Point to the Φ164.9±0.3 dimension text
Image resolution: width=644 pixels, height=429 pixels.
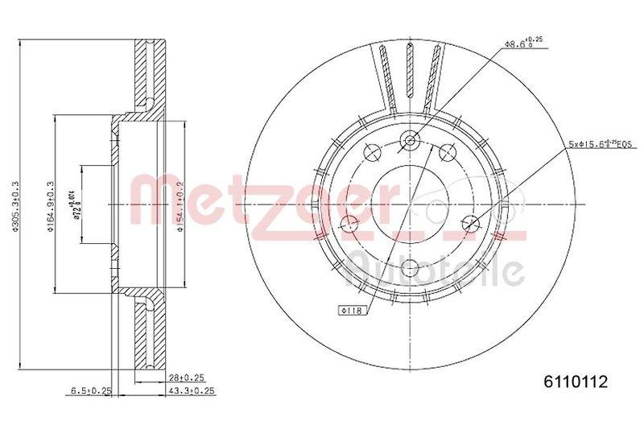click(x=51, y=203)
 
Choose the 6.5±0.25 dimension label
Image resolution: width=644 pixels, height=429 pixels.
click(x=89, y=391)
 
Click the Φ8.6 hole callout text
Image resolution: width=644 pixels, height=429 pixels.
click(x=522, y=42)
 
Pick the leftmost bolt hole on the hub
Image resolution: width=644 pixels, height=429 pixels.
click(x=350, y=224)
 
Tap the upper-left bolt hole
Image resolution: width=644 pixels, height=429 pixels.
click(x=373, y=151)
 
